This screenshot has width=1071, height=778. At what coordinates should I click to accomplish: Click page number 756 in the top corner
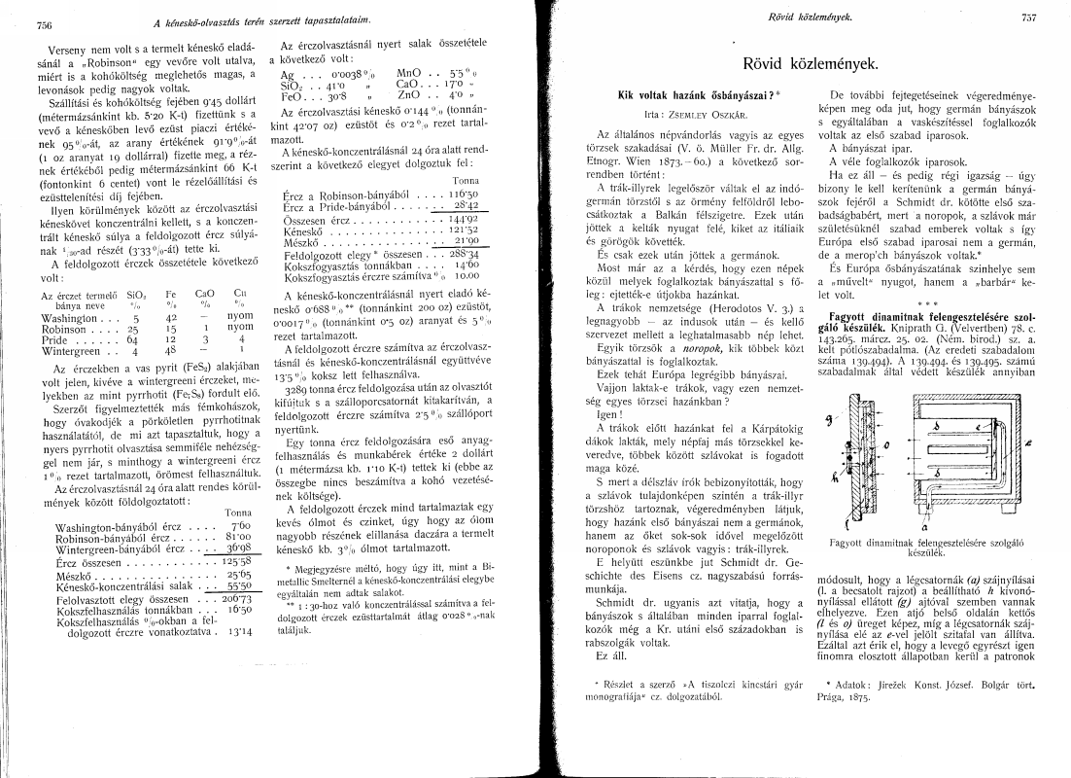point(44,24)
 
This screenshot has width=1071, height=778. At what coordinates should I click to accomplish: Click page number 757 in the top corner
point(1030,18)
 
